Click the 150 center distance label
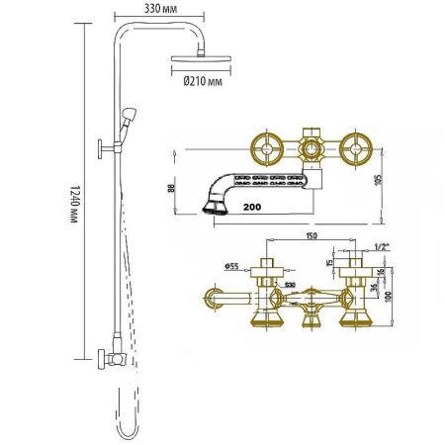(x=311, y=236)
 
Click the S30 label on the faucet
(x=289, y=286)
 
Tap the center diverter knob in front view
(x=310, y=297)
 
